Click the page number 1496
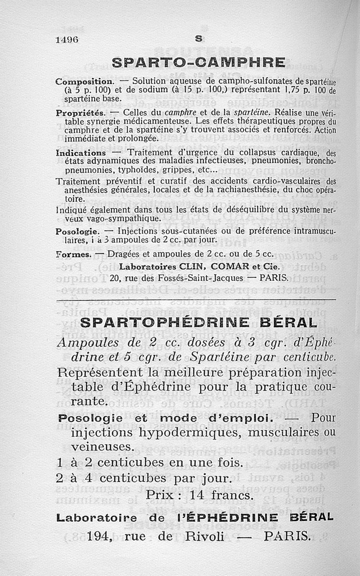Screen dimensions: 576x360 (67, 39)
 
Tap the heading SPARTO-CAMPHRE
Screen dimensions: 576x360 (198, 62)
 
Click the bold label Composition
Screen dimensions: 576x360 (84, 82)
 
